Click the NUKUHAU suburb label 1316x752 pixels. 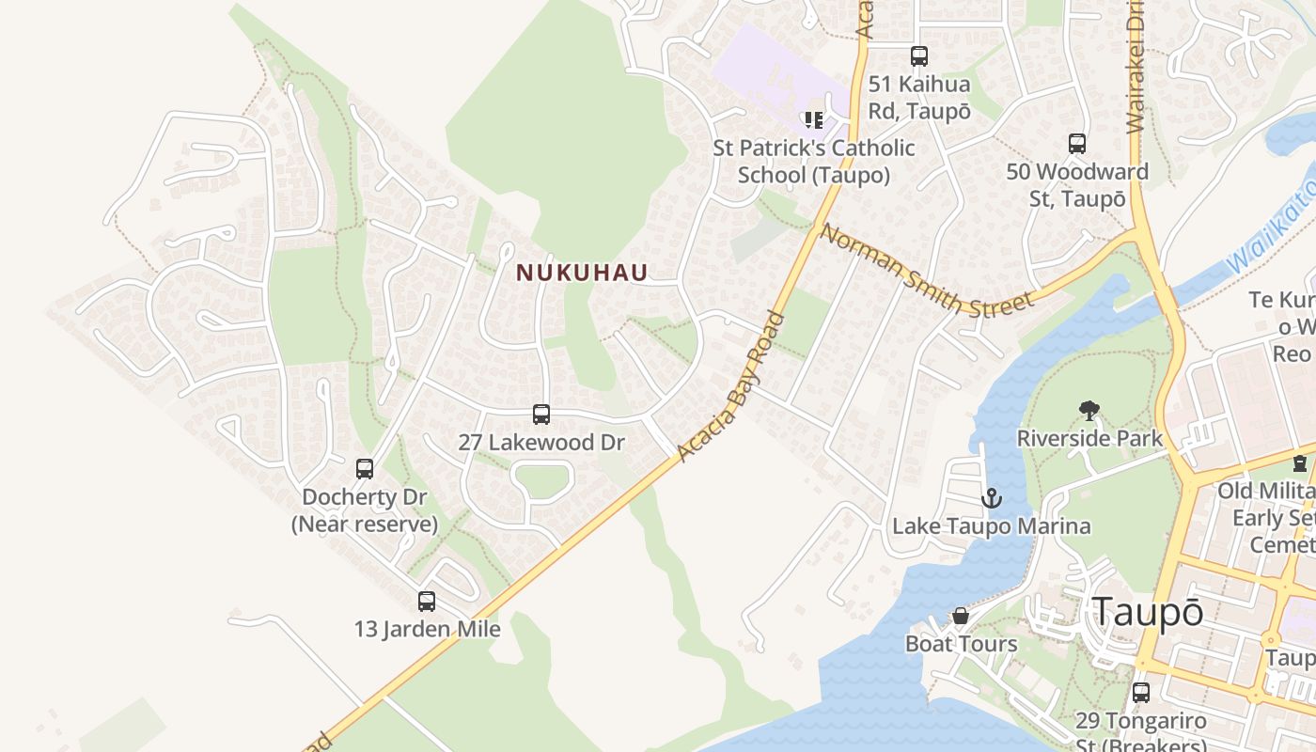(x=582, y=273)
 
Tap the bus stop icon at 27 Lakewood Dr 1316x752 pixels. (x=541, y=415)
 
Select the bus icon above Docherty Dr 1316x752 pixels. (x=365, y=469)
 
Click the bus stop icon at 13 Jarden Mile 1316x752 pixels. (x=427, y=602)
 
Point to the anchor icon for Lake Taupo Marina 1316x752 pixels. (x=991, y=498)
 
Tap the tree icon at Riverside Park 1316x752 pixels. (x=1089, y=411)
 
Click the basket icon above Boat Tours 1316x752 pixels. (x=961, y=617)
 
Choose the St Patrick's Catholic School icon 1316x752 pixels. (x=813, y=120)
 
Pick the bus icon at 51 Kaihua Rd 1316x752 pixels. (x=919, y=56)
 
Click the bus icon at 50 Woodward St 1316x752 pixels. (x=1077, y=144)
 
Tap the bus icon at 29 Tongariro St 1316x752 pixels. (x=1141, y=693)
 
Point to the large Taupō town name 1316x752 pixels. (x=1147, y=613)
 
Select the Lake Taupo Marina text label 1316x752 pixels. (x=991, y=525)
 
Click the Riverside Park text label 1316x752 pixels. (x=1089, y=438)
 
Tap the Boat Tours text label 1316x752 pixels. (x=961, y=644)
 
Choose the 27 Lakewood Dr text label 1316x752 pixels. (x=540, y=442)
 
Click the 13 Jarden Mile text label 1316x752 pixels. (x=427, y=628)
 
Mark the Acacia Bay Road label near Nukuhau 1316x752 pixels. (x=731, y=386)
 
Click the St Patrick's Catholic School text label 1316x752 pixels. (x=813, y=162)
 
